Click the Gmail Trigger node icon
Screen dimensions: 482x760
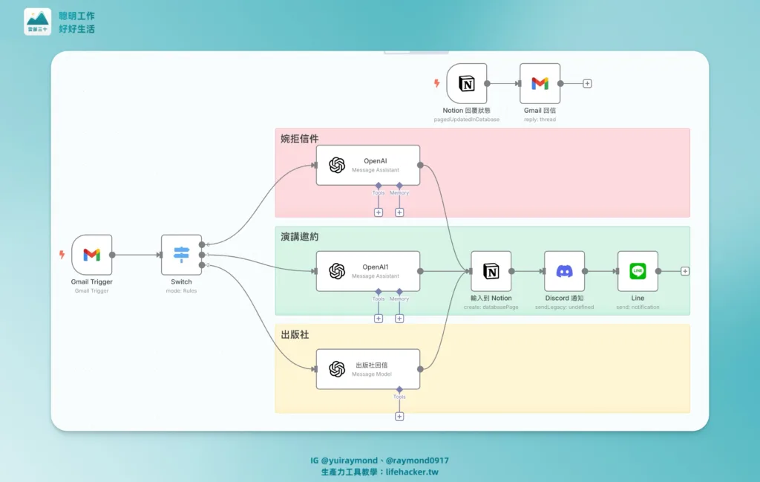pos(91,255)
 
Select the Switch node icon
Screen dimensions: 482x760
pos(181,255)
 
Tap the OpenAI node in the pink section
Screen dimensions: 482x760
pos(367,165)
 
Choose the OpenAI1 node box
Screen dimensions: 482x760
pos(367,271)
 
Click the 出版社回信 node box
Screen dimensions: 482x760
pos(367,369)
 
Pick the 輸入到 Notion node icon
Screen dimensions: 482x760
pos(491,271)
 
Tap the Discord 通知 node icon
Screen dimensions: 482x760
pos(564,271)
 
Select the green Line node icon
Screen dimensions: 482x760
pos(638,271)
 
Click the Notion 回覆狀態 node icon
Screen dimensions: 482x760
pos(466,83)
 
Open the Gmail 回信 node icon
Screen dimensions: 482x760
pos(540,83)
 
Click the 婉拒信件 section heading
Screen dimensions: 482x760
pos(299,138)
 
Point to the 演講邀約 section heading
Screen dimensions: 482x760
pos(299,236)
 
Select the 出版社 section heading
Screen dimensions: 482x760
pos(295,334)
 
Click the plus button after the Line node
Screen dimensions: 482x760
pos(685,271)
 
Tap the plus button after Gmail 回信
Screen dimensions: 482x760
pos(587,83)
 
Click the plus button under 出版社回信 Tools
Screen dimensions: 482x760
pos(399,417)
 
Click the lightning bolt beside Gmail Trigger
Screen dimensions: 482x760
pos(62,255)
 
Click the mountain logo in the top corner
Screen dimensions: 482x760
pos(38,22)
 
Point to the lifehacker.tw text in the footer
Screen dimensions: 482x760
pos(419,472)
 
